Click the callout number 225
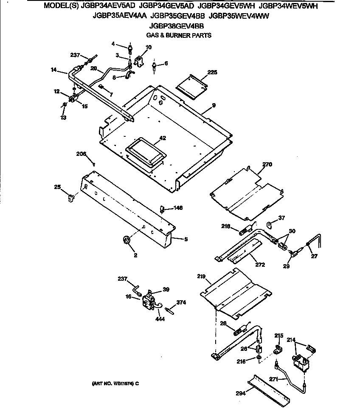coord(212,72)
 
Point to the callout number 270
coord(267,164)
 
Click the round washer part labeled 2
coord(126,240)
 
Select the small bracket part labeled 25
coord(71,198)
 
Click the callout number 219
coord(202,277)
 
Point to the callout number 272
coord(260,265)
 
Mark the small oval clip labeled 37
coord(270,223)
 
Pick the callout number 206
coord(81,153)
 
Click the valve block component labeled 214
coord(301,362)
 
